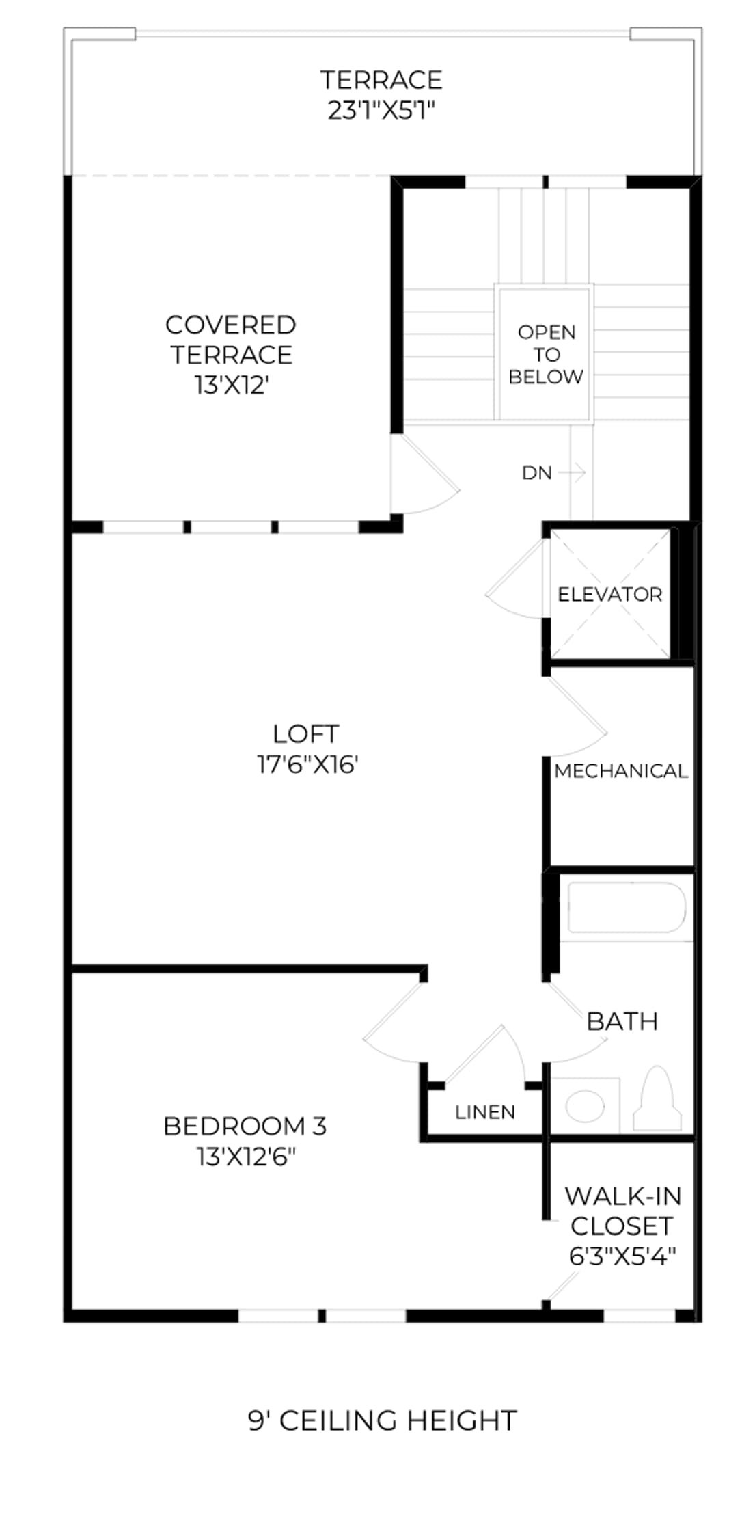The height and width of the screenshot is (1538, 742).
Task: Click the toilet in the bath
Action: pos(657,1098)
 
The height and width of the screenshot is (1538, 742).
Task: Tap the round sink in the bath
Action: pos(586,1105)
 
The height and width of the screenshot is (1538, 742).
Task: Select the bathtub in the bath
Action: pos(627,907)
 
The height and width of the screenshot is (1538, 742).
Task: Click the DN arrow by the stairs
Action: pos(573,472)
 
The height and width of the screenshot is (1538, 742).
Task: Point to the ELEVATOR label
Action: pos(610,594)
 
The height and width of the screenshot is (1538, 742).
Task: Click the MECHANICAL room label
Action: pos(621,771)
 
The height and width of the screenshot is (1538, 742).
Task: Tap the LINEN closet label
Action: pos(485,1112)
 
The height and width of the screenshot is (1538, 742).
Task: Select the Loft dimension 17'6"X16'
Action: pos(307,764)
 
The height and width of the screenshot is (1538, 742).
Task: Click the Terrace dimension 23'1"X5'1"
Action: pos(381,110)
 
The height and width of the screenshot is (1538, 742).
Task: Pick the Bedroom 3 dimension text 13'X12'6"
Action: pos(246,1157)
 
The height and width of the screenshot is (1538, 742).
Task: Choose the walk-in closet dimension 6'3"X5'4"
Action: pos(622,1256)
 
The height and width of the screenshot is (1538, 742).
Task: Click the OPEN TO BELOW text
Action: pos(547,354)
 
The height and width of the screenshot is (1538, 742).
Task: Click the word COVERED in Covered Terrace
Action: pos(231,325)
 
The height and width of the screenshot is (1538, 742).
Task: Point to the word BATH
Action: pos(622,1021)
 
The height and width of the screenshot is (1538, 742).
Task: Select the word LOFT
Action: pos(305,734)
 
